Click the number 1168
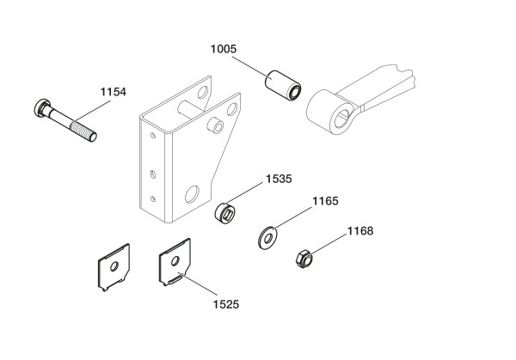(x=362, y=229)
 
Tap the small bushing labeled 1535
(x=225, y=211)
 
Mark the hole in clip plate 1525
(x=175, y=258)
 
